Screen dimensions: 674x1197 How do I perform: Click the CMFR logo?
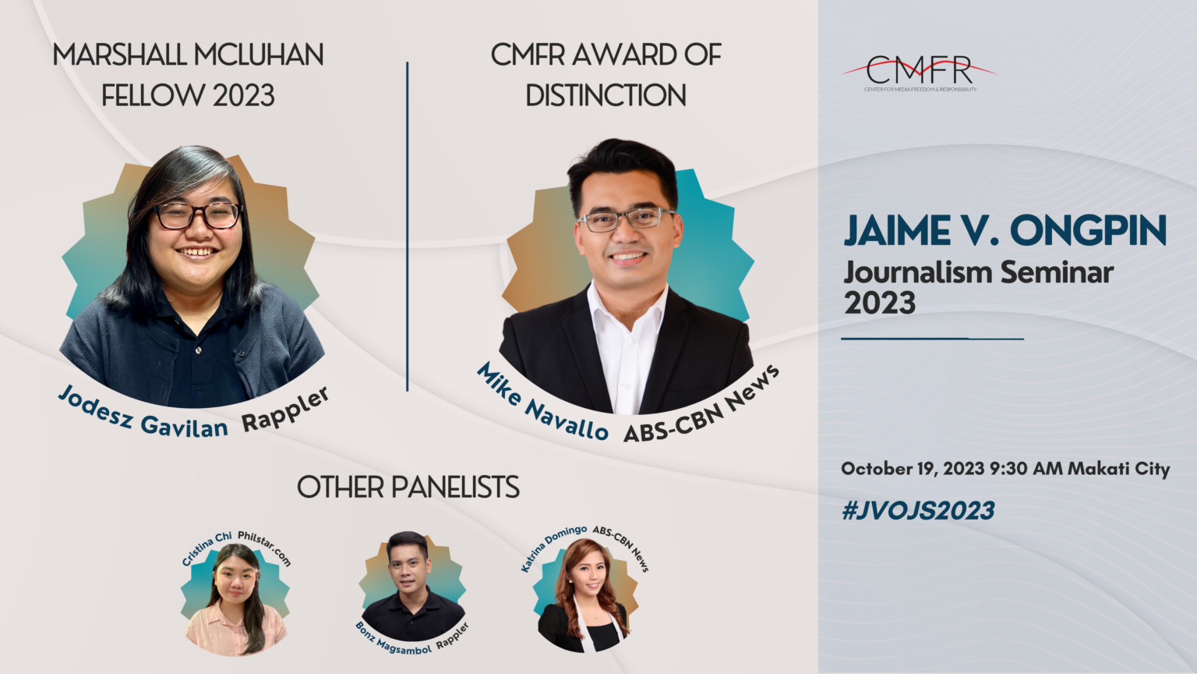[920, 73]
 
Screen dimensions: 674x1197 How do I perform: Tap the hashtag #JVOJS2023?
[918, 511]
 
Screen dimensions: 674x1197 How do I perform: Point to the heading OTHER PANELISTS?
[408, 488]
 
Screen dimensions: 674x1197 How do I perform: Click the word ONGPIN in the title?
[1088, 231]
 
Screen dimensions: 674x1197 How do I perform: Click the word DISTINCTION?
[606, 96]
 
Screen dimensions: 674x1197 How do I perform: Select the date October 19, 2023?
[913, 469]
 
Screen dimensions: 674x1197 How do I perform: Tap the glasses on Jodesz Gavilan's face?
[198, 215]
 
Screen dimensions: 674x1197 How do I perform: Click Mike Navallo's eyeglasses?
[626, 219]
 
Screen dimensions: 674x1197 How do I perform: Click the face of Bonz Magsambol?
[408, 566]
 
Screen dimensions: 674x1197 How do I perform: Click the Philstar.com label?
[265, 547]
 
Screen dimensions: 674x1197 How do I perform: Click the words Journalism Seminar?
[978, 273]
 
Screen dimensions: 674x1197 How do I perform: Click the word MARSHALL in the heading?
[119, 55]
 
